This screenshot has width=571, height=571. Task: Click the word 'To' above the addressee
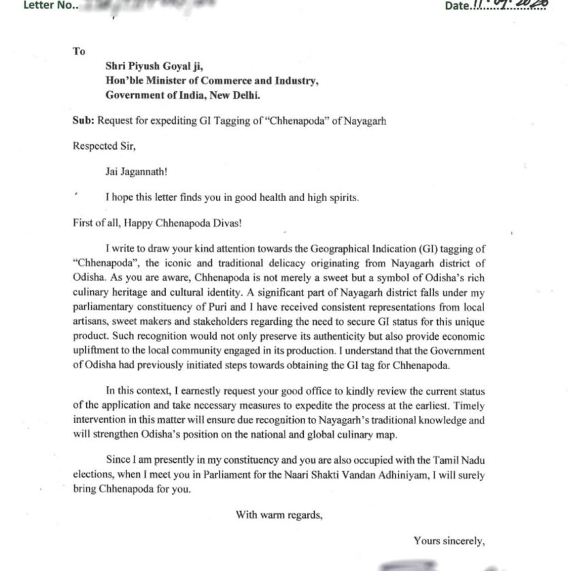click(x=78, y=51)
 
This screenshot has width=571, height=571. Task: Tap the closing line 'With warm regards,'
click(x=279, y=515)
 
